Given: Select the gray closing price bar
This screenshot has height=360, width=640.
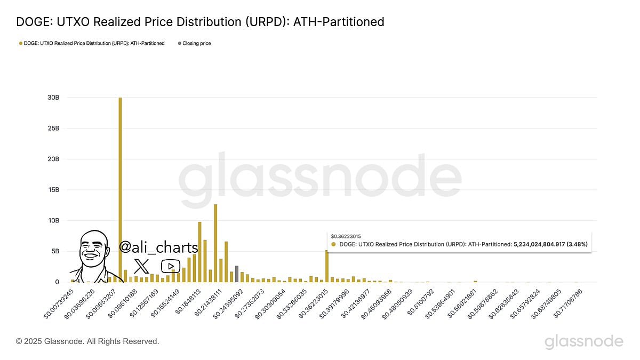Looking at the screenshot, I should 236,274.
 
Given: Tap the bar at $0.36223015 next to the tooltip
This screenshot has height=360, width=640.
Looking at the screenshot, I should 326,266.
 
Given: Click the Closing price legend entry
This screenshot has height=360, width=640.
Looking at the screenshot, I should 196,43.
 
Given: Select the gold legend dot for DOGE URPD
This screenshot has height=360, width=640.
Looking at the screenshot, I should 20,43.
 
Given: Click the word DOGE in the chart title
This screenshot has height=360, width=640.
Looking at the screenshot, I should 33,22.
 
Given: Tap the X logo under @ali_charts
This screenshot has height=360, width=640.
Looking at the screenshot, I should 141,266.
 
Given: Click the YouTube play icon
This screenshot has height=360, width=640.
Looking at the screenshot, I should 171,266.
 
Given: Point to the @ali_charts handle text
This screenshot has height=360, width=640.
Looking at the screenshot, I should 158,247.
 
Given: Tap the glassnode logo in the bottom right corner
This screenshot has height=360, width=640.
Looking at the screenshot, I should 583,341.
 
